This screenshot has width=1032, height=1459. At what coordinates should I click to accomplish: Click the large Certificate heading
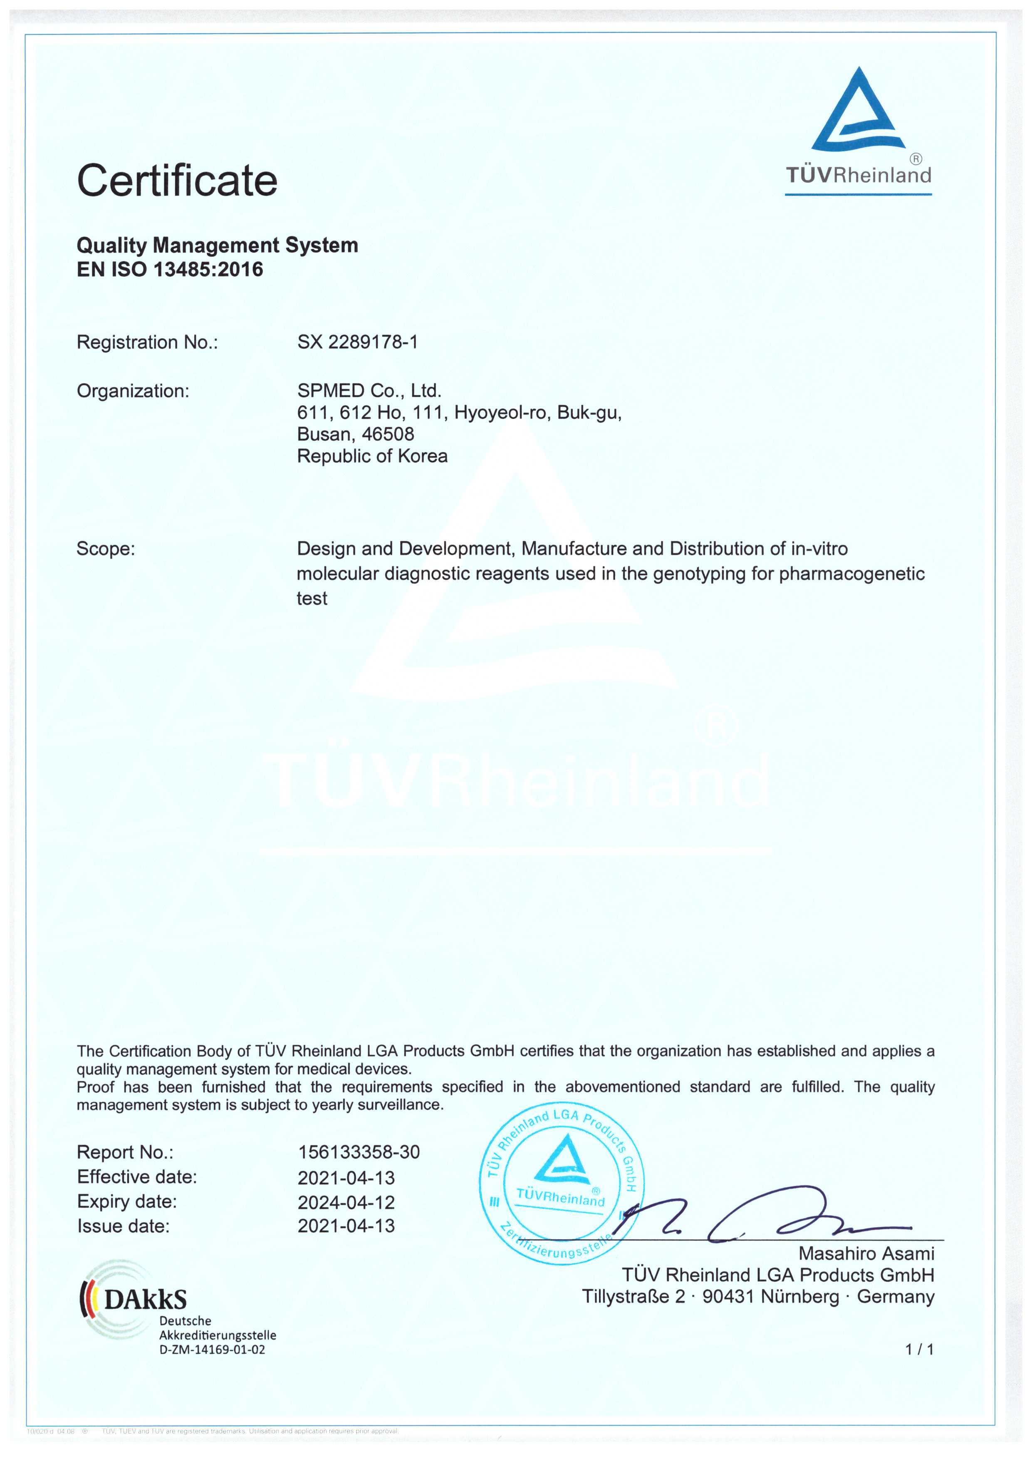[177, 181]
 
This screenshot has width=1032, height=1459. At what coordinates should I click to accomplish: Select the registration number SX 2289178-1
[357, 342]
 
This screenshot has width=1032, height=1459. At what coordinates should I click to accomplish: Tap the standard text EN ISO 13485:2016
[170, 270]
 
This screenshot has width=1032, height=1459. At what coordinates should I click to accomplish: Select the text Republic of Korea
[372, 456]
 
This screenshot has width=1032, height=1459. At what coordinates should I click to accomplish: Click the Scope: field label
[106, 548]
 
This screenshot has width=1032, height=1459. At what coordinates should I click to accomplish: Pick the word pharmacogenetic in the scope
[851, 573]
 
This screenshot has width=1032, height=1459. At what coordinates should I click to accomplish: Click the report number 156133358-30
[359, 1152]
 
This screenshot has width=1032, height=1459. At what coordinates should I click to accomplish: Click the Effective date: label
[136, 1177]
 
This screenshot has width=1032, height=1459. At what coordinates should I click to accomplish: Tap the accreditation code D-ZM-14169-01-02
[212, 1350]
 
